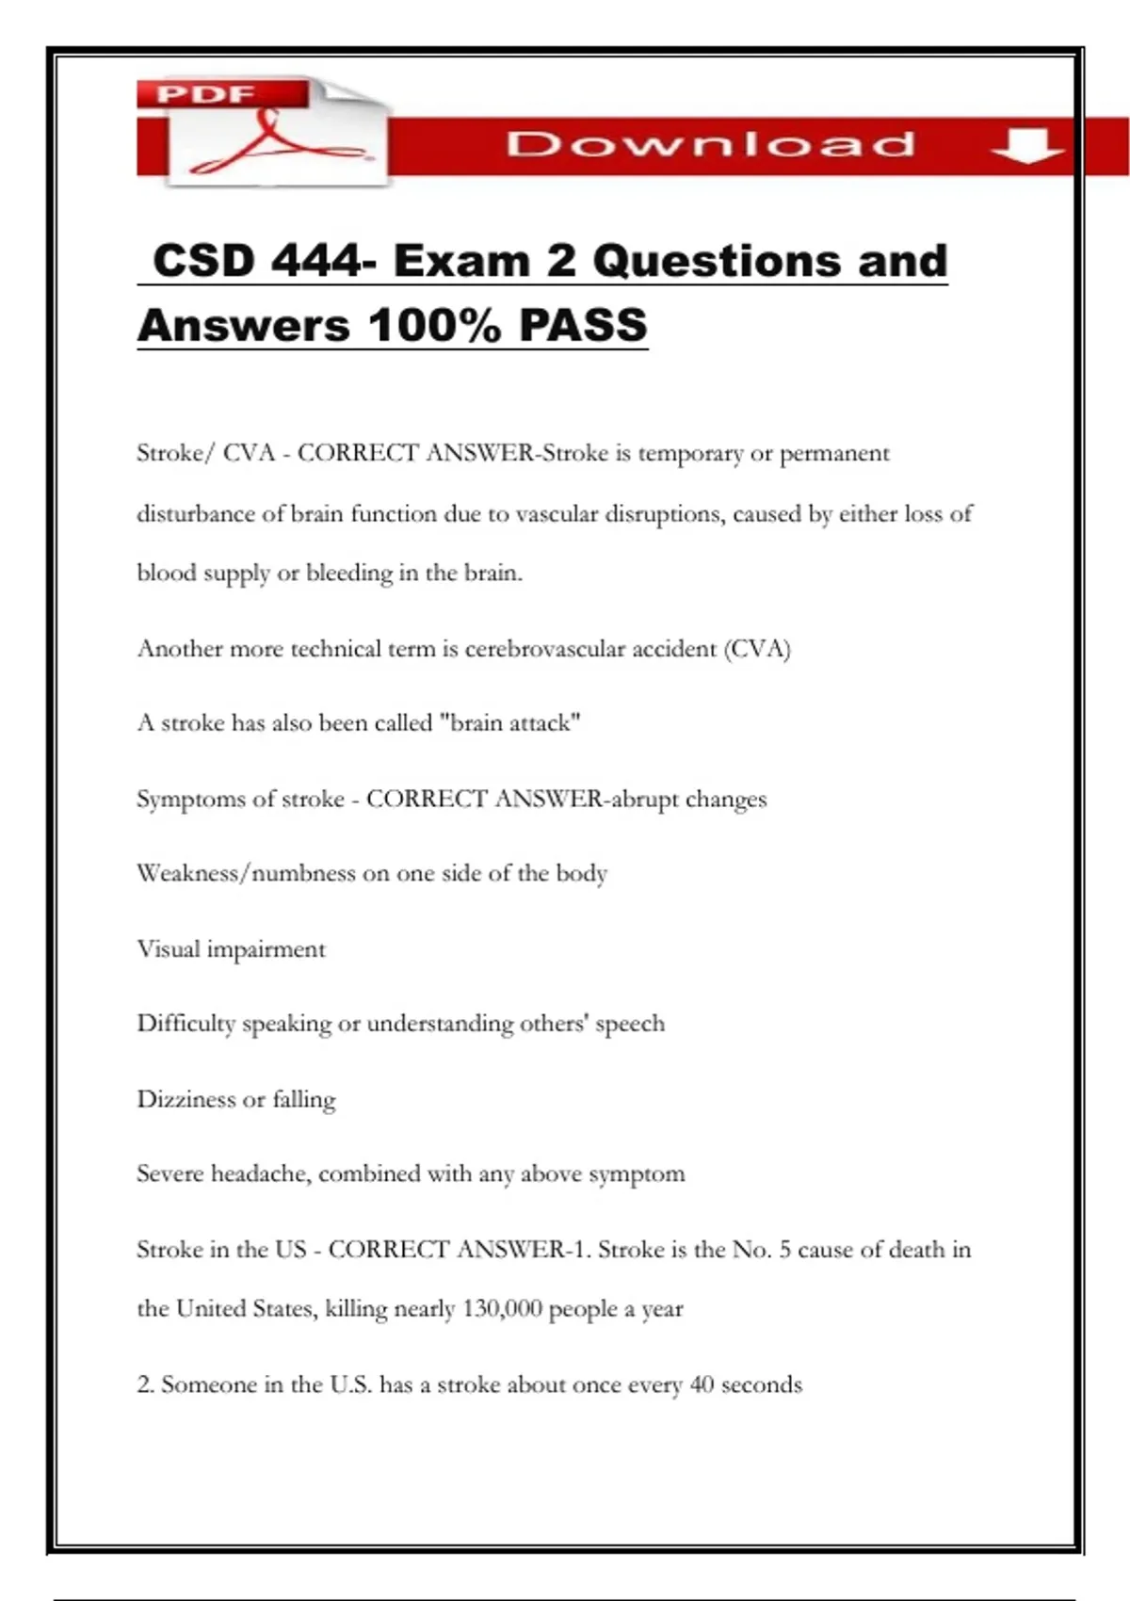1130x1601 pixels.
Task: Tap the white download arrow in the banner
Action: (1027, 146)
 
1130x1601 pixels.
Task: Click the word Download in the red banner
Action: (710, 144)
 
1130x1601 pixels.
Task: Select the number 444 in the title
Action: (316, 261)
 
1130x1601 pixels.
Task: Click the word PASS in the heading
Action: (583, 326)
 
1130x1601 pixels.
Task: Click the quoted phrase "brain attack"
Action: (510, 723)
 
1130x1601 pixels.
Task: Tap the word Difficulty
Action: (186, 1024)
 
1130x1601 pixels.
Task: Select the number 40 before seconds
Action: (702, 1384)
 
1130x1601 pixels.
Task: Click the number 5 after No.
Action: (784, 1250)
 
